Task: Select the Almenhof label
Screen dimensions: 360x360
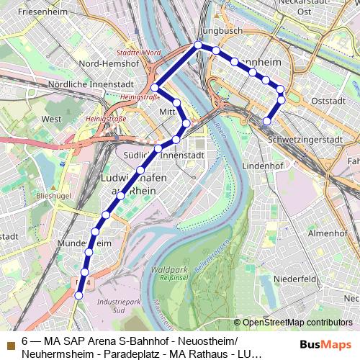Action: (328, 233)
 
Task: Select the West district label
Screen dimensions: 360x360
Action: (51, 119)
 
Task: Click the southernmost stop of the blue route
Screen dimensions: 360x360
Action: (79, 294)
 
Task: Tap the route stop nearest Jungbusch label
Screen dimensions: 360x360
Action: (198, 45)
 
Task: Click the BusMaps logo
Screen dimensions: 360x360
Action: (326, 345)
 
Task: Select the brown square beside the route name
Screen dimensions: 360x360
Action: (10, 341)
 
